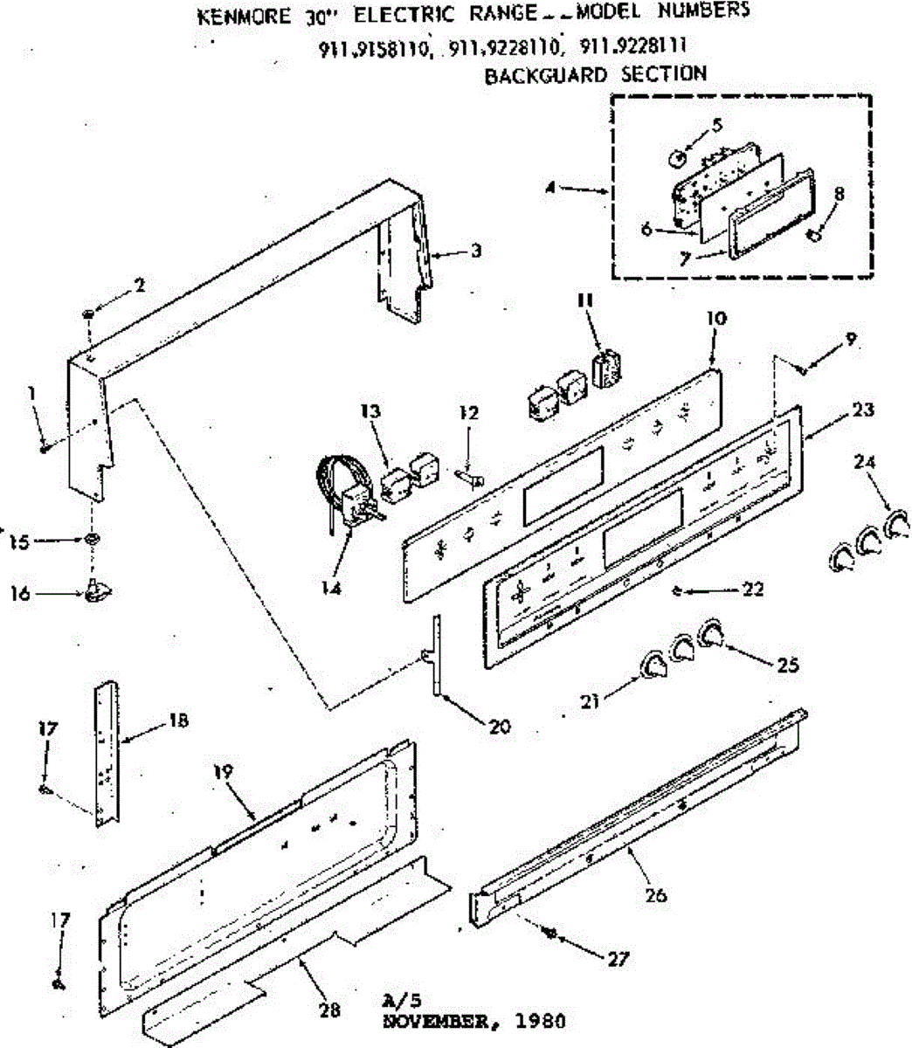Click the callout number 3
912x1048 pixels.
tap(475, 251)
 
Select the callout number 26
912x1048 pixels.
tap(656, 894)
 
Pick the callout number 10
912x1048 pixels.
tap(715, 319)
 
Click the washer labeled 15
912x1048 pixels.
tap(91, 541)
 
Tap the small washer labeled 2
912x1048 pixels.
tap(90, 313)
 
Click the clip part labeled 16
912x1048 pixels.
tap(96, 593)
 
